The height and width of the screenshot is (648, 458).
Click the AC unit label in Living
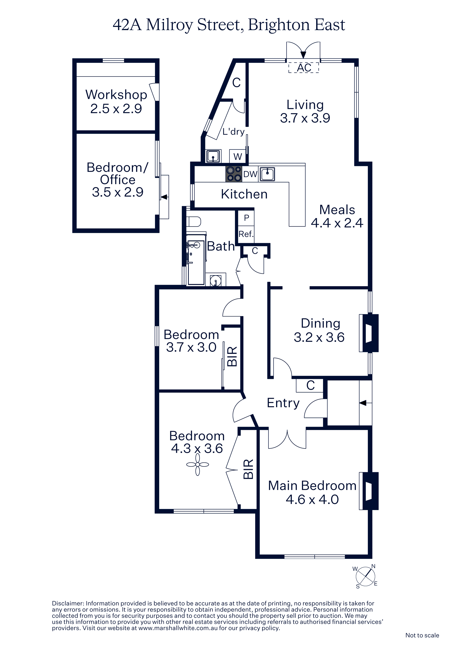[x=304, y=68]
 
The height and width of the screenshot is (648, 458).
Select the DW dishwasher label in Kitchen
[x=250, y=174]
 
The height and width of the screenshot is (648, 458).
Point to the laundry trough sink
[x=213, y=156]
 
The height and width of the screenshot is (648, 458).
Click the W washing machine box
[x=238, y=156]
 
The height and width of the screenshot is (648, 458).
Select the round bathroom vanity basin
[x=216, y=281]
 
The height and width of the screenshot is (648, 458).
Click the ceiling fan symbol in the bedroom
[x=198, y=465]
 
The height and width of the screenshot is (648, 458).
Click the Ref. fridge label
[x=246, y=234]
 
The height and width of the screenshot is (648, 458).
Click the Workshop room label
[x=116, y=95]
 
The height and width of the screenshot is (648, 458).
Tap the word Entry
[x=283, y=403]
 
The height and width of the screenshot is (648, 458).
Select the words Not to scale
[x=422, y=635]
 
